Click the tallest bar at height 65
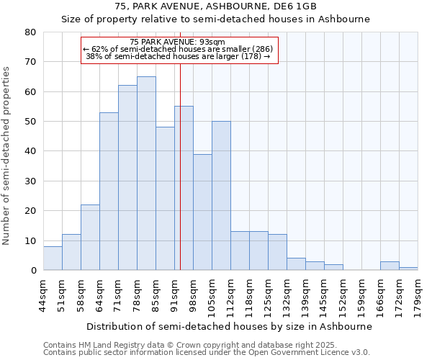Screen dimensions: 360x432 click(x=146, y=174)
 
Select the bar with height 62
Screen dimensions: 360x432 click(x=127, y=178)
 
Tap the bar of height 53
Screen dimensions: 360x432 click(x=109, y=192)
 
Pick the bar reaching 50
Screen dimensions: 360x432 click(x=221, y=196)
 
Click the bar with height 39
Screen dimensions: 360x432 click(x=202, y=212)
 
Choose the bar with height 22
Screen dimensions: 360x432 click(x=90, y=238)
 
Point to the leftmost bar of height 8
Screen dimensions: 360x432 click(x=53, y=258)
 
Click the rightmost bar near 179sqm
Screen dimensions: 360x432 click(x=408, y=269)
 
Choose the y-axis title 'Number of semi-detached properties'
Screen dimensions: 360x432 click(x=7, y=156)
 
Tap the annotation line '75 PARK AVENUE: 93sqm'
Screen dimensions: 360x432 click(x=179, y=42)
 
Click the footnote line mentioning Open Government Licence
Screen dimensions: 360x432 click(x=207, y=352)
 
